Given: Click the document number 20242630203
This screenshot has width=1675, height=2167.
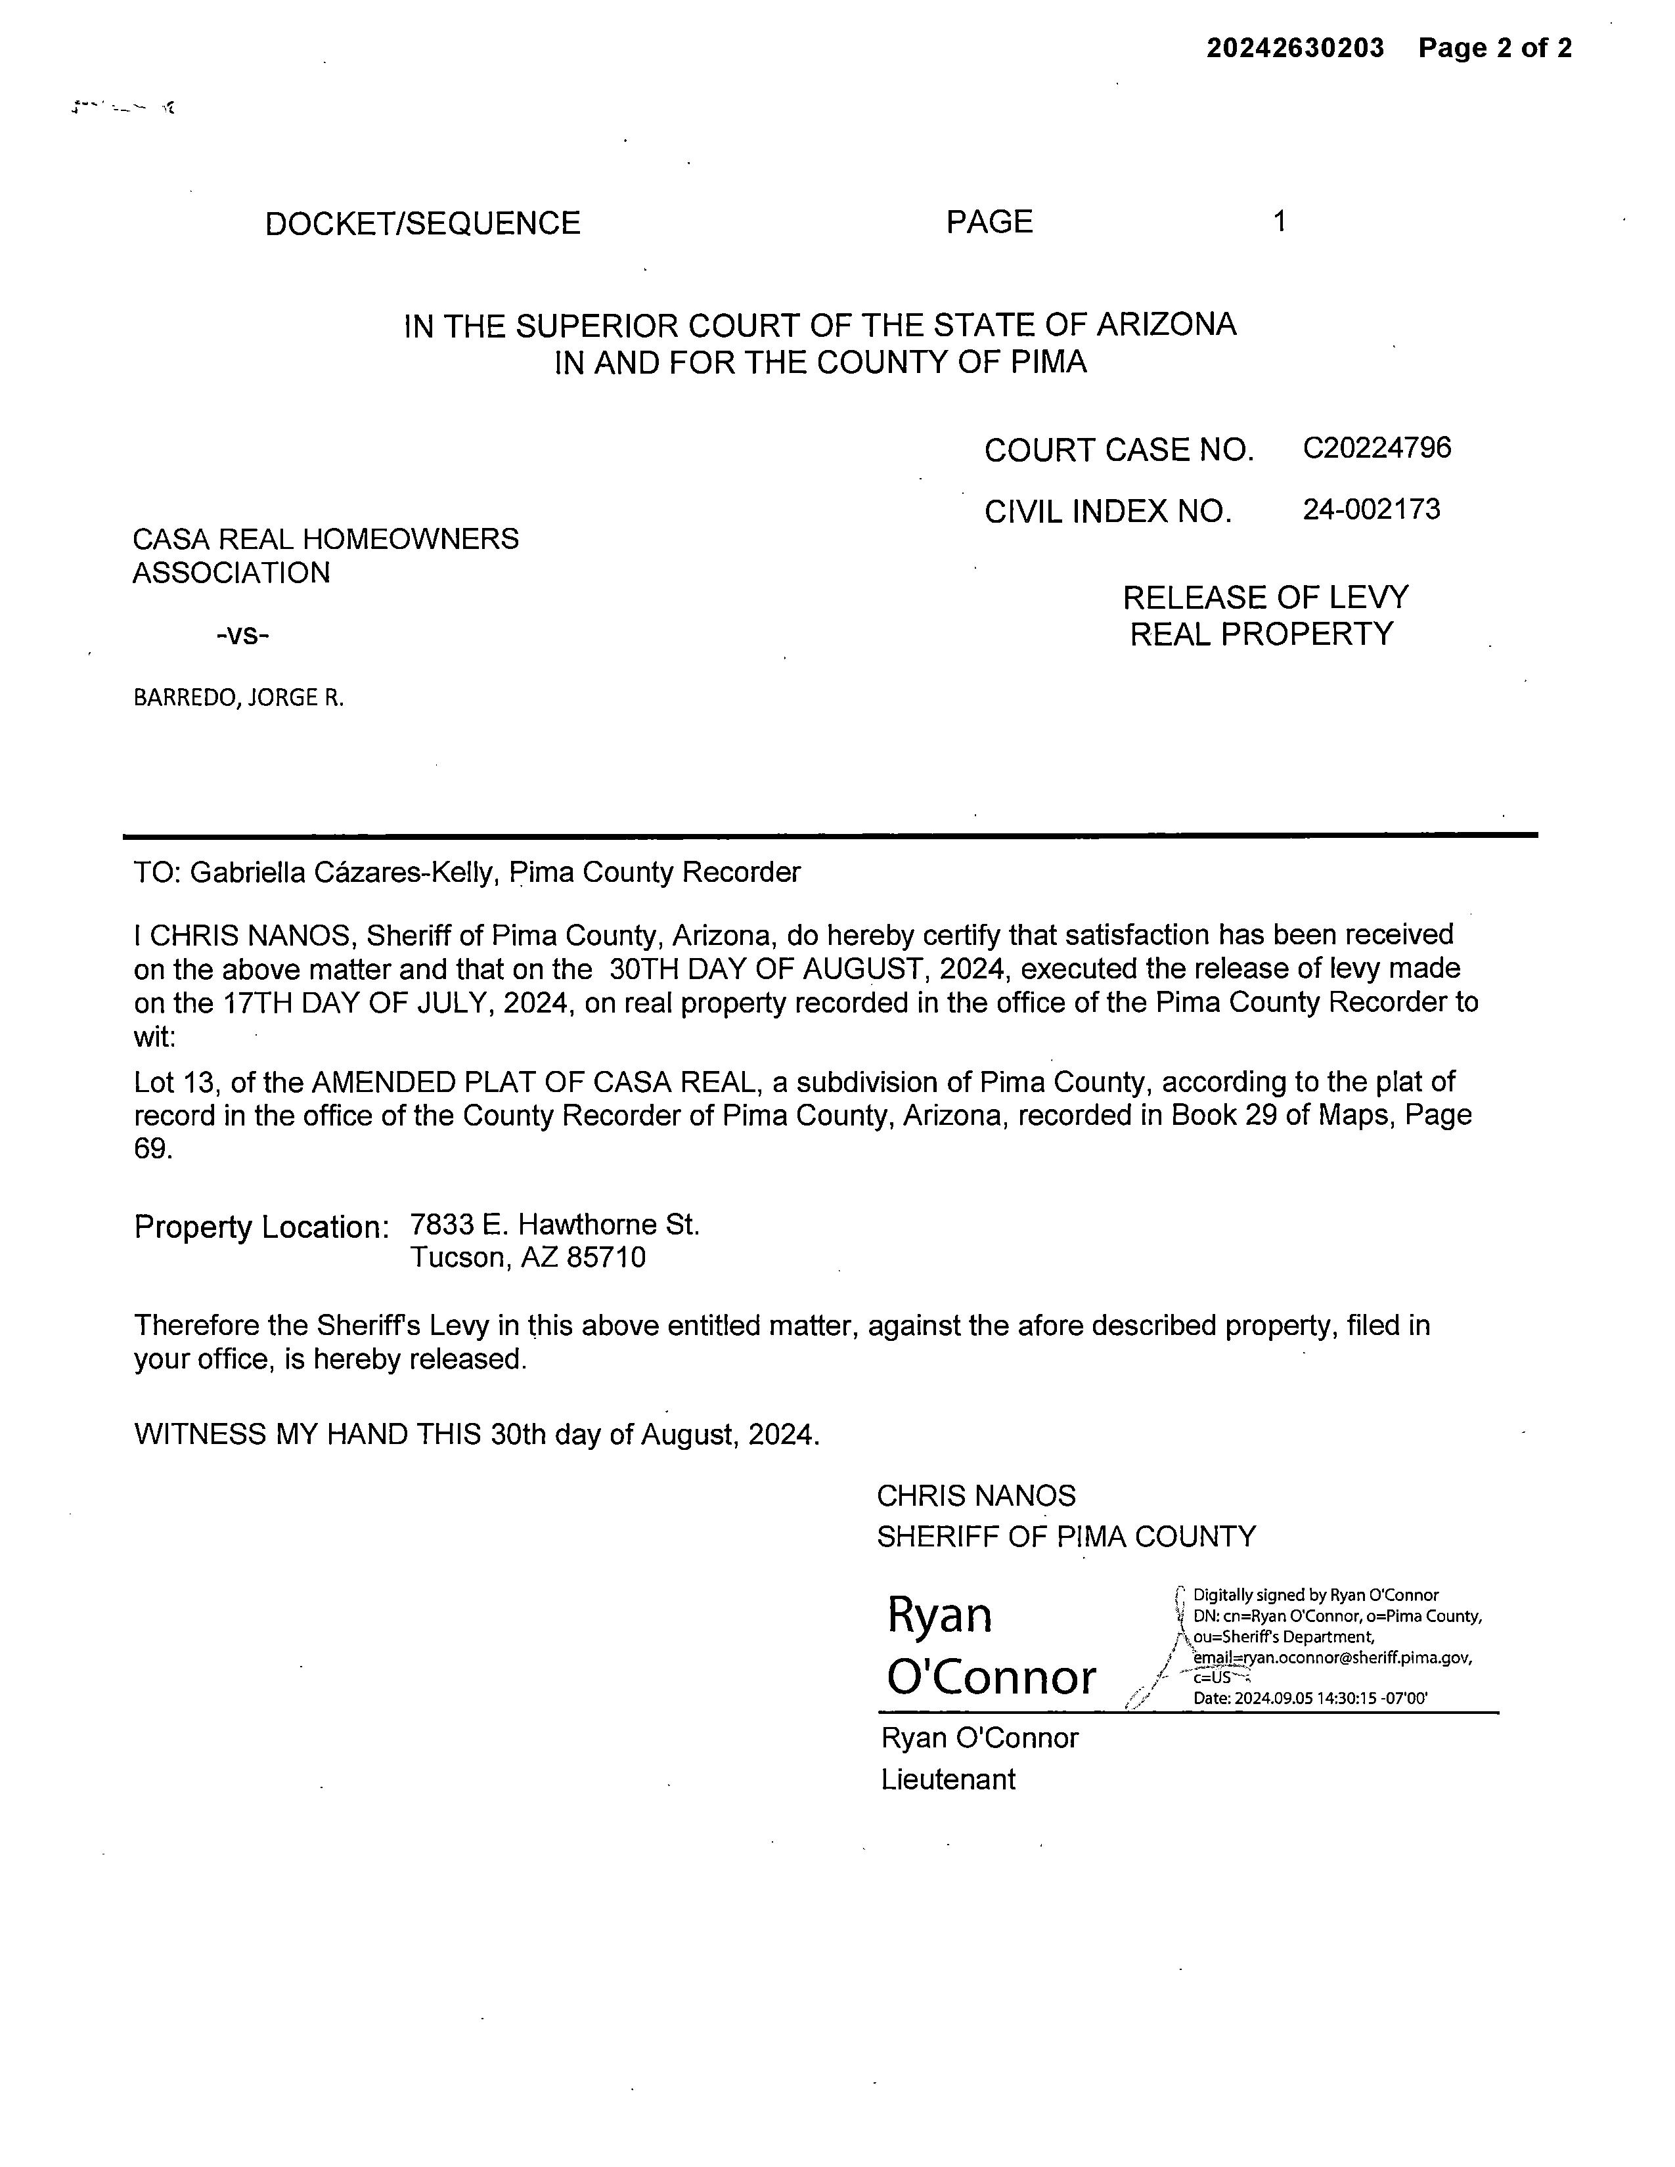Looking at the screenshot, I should click(x=1294, y=48).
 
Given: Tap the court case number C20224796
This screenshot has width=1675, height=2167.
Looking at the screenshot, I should click(x=1376, y=449).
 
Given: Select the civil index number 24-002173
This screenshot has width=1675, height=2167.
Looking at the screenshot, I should click(x=1372, y=510).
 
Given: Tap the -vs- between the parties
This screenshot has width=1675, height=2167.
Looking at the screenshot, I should click(x=242, y=634).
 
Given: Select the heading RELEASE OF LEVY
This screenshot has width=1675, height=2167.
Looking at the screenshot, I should click(x=1265, y=598).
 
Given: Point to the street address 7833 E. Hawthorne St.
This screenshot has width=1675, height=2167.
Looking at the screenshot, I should click(x=554, y=1225).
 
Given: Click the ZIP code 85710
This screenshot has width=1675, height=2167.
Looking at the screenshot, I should click(x=606, y=1258).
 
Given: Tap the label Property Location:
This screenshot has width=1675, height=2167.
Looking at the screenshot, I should click(x=261, y=1227).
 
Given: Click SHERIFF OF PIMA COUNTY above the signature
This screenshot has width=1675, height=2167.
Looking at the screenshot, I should click(x=1065, y=1537).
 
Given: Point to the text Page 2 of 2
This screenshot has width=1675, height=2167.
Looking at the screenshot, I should click(x=1494, y=48).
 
